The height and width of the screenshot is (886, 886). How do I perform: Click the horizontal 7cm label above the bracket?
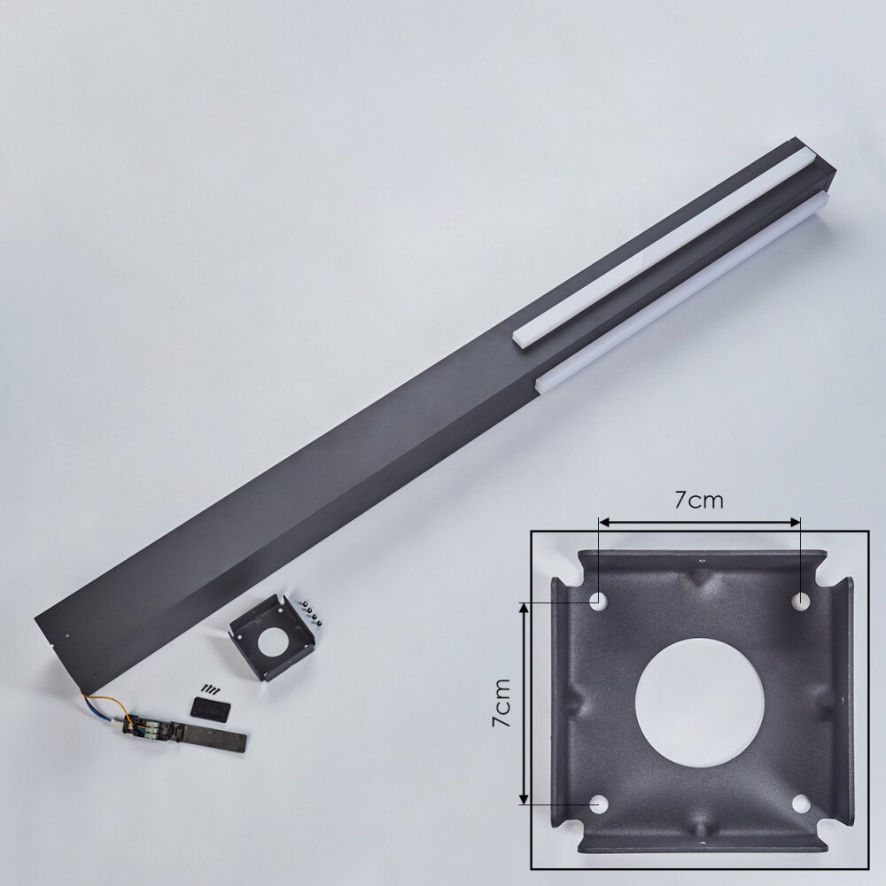698,500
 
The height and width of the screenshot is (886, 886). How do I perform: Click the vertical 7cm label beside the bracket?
501,703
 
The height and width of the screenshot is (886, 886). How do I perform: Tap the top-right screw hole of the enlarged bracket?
801,602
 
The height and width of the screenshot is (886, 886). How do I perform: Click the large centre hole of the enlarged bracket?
700,703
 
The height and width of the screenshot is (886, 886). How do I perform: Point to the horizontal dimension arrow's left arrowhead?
604,522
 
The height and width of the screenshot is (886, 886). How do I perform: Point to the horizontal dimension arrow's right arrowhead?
795,522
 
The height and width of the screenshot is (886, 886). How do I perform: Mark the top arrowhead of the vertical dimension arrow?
524,608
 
